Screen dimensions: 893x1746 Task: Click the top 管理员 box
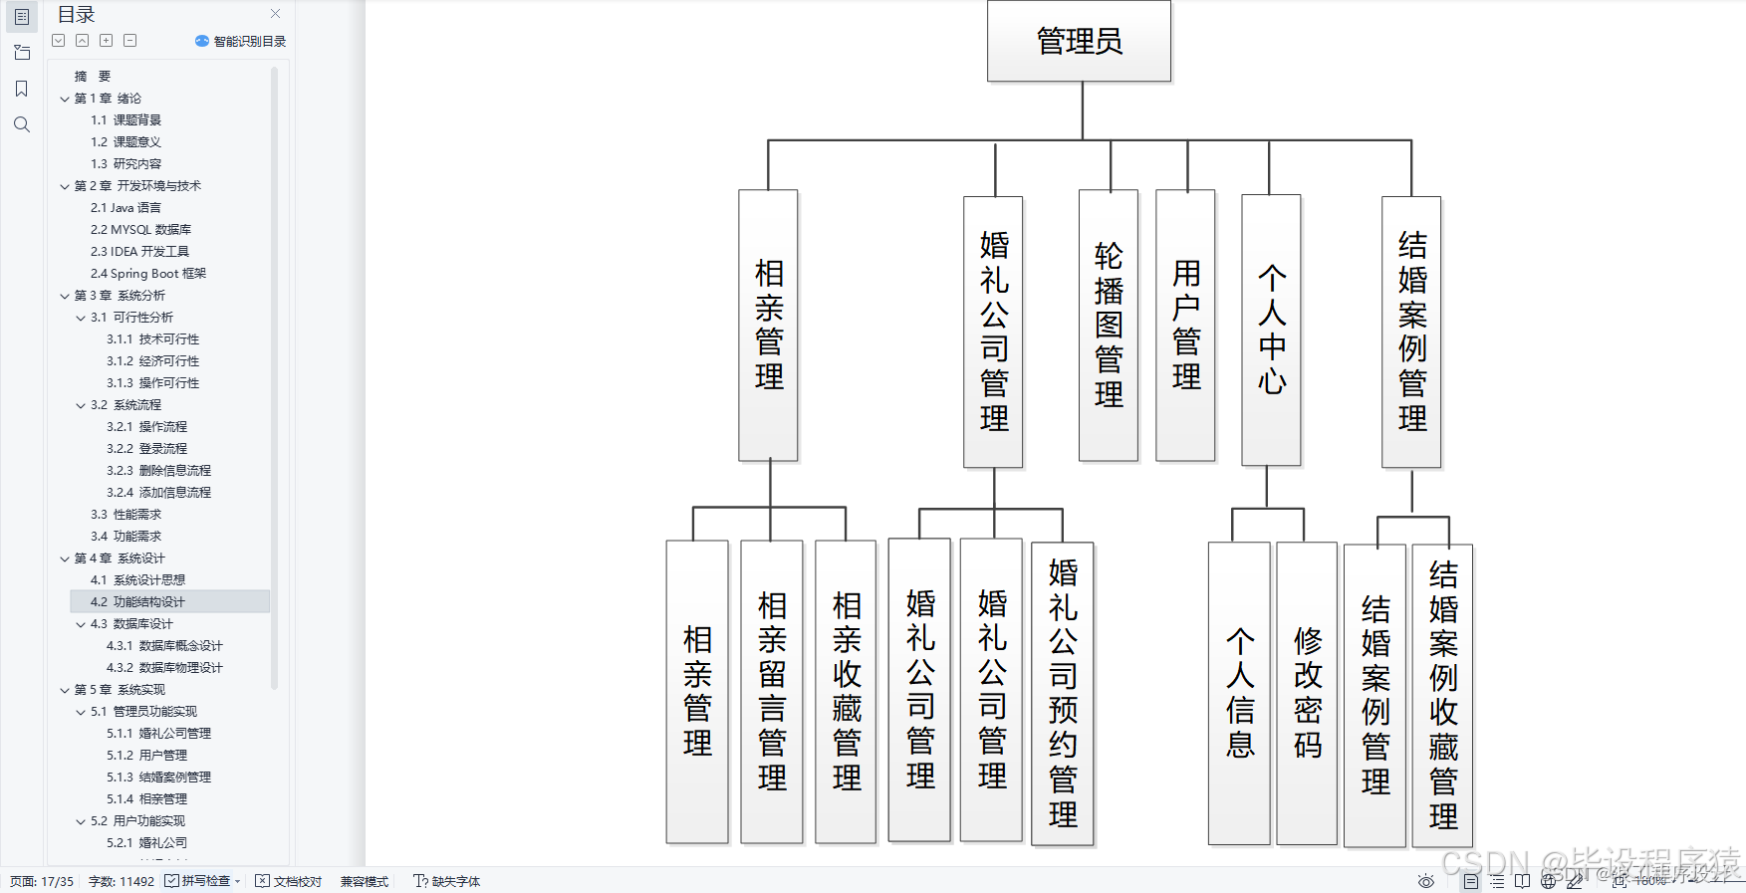[x=1079, y=41]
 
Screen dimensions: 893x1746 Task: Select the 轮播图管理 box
[x=1109, y=325]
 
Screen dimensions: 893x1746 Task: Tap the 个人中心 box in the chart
[x=1271, y=329]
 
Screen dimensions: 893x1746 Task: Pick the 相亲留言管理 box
[x=772, y=691]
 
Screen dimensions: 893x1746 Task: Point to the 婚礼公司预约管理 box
[x=1063, y=693]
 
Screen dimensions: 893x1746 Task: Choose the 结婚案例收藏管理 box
[x=1442, y=695]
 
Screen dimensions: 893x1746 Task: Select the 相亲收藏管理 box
[x=846, y=691]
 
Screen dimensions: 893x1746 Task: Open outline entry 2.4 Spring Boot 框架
[x=147, y=274]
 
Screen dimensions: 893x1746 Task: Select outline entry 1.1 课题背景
[x=125, y=120]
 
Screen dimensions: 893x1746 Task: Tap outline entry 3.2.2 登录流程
[x=146, y=449]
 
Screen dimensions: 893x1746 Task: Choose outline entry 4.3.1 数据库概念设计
[x=164, y=646]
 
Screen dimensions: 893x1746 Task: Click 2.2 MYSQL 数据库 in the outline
[x=140, y=230]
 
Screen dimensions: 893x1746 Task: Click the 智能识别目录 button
[x=241, y=42]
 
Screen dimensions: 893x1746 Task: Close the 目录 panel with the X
[x=276, y=14]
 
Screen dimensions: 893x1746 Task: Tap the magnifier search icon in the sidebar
[x=22, y=124]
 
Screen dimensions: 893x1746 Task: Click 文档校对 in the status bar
[x=289, y=881]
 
